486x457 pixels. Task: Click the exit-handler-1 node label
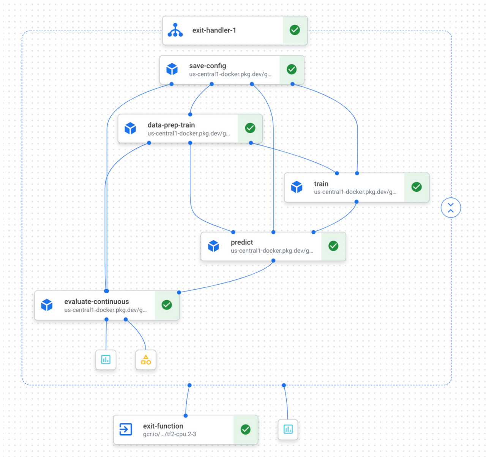tap(214, 30)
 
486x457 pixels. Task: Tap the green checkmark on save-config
tap(292, 69)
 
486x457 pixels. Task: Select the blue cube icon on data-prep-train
tap(130, 128)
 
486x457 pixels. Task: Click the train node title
tap(321, 184)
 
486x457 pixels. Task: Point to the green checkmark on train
tap(417, 187)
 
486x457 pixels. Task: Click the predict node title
tap(241, 242)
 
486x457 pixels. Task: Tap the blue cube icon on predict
tap(213, 246)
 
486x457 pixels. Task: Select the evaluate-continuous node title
tap(96, 301)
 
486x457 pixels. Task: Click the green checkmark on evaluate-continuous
tap(167, 305)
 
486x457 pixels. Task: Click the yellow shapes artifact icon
tap(146, 360)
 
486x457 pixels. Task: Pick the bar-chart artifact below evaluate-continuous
tap(106, 359)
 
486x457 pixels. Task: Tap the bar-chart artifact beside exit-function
tap(288, 429)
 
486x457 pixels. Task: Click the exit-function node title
tap(163, 426)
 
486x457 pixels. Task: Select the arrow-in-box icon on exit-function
tap(126, 429)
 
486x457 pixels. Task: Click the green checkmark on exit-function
tap(246, 429)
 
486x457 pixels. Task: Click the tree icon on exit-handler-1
tap(175, 30)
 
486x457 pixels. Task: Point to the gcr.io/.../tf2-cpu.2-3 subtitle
tap(169, 434)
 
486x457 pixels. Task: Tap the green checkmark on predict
tap(333, 246)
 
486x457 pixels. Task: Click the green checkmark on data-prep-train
tap(250, 128)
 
